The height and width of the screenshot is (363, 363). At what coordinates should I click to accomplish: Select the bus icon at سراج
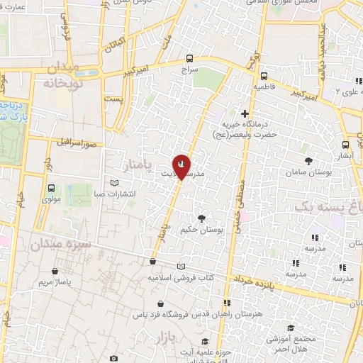pyautogui.click(x=189, y=59)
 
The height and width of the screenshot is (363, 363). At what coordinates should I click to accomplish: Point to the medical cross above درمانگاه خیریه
pyautogui.click(x=245, y=113)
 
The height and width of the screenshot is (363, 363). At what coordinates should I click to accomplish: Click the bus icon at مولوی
pyautogui.click(x=51, y=188)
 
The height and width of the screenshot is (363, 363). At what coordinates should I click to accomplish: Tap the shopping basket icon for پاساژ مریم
pyautogui.click(x=55, y=272)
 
